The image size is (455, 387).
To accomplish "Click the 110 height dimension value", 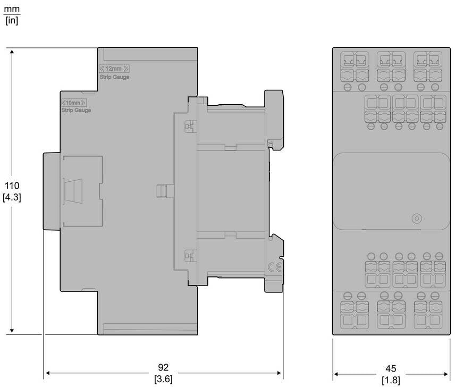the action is point(12,186).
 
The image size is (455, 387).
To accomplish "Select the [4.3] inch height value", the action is point(12,198).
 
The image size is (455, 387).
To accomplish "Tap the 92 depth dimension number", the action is point(163,367).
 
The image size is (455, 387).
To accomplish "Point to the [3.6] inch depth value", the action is point(163,379).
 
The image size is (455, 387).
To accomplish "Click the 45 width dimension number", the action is point(391,369).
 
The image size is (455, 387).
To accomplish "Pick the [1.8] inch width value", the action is point(391,380).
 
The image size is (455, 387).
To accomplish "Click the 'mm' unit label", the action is point(12,9).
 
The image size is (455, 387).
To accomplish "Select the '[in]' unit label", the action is point(12,21).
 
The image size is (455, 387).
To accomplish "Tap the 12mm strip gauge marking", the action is point(114,69).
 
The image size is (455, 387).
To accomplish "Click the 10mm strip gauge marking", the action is point(74,103).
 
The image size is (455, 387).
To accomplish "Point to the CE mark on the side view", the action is point(274,267).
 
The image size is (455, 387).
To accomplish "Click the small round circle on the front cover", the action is point(417,218).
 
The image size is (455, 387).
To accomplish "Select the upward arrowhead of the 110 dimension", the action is point(12,52).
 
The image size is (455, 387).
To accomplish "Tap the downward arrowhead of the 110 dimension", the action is point(12,331).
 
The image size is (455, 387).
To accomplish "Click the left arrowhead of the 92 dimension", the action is point(48,373).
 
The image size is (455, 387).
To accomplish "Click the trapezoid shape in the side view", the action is point(73,191).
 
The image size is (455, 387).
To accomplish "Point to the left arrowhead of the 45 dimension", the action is point(336,374).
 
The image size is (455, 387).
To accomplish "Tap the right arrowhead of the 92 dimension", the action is point(279,373).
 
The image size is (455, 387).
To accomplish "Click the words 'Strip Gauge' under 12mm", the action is point(114,77).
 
